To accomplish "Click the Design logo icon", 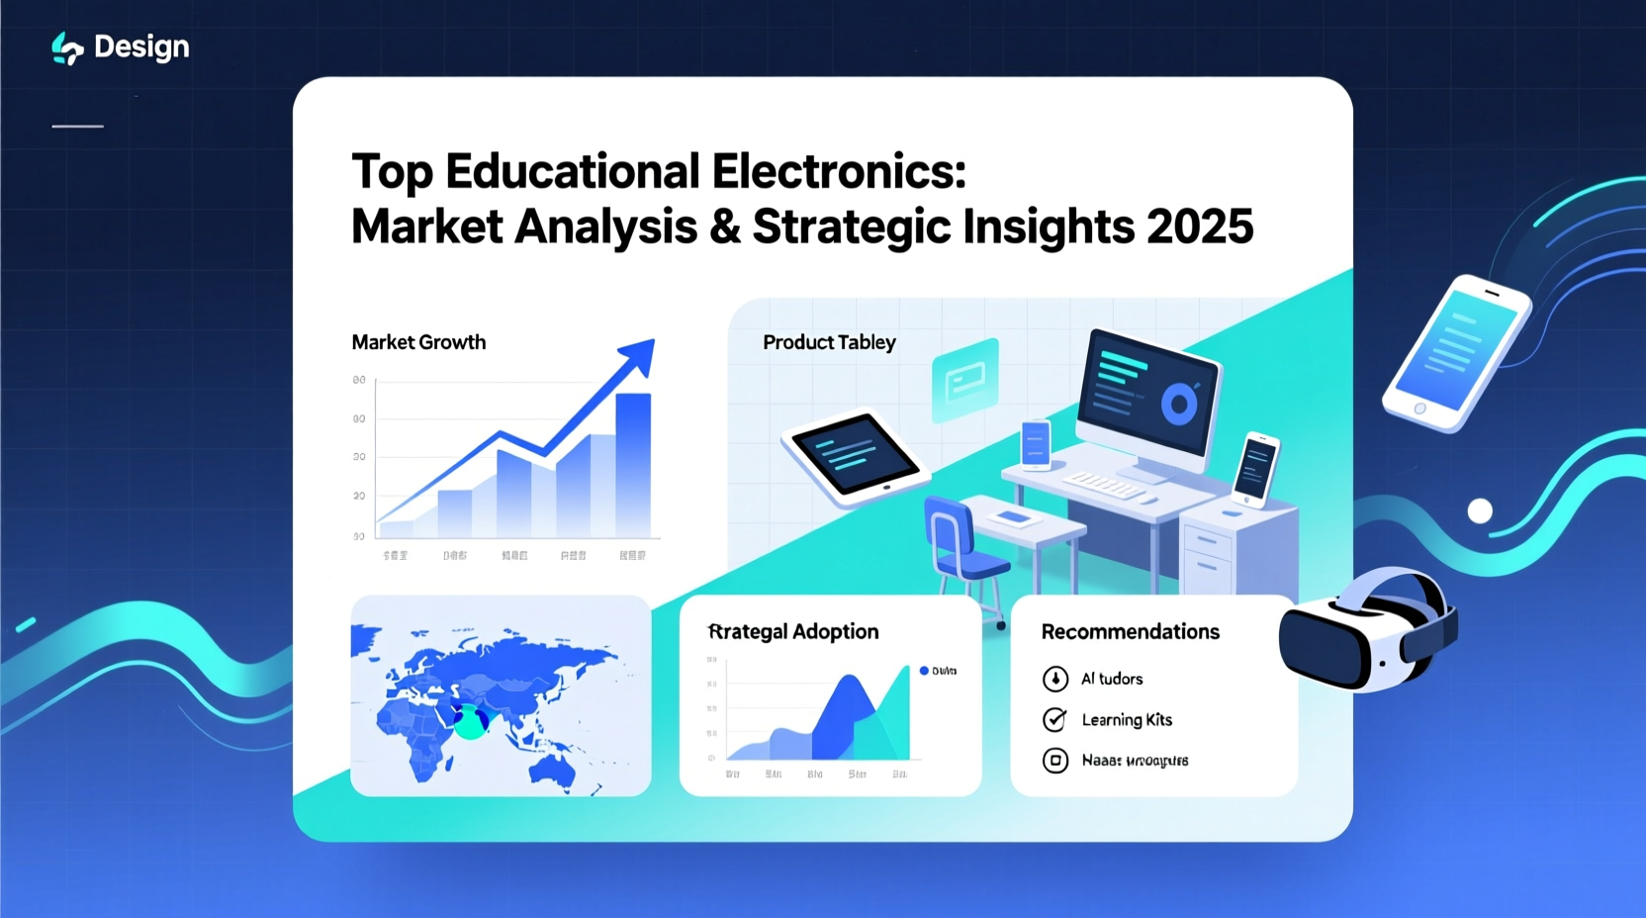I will click(66, 47).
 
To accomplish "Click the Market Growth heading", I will click(418, 342).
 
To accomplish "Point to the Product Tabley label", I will click(829, 342).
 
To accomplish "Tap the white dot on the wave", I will click(1480, 510).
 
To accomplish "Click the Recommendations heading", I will click(1130, 632).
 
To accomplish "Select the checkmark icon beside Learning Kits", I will click(1055, 719).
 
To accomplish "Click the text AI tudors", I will click(1111, 679).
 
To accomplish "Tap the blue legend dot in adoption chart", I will click(924, 671).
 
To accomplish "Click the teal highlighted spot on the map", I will click(470, 725).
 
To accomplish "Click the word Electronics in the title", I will click(838, 172).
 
